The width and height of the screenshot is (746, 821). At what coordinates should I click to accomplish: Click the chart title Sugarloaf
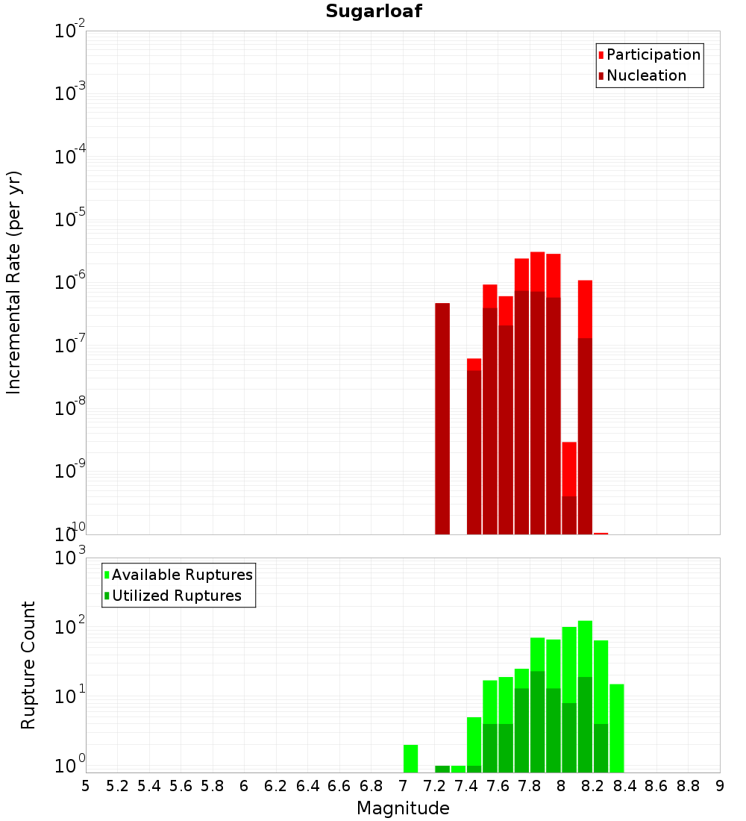pos(373,12)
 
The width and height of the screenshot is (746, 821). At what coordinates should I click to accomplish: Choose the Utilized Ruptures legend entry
pos(176,596)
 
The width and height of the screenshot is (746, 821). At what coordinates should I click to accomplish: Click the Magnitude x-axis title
pos(403,808)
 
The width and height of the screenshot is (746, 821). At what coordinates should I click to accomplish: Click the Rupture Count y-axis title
pos(28,665)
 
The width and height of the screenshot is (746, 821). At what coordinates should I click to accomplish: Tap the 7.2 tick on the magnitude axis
pos(434,786)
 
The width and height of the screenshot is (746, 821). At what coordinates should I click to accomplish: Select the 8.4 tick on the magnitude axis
pos(624,786)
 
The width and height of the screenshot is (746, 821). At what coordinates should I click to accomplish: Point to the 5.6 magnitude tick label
pos(181,786)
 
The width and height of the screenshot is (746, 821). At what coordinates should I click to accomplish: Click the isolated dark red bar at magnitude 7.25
pos(442,418)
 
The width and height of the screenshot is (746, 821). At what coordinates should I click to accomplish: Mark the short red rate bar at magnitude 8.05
pos(569,485)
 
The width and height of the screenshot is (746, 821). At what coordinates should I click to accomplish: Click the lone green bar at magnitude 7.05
pos(410,758)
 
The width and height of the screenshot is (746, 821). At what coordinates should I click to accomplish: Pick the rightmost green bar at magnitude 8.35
pos(617,728)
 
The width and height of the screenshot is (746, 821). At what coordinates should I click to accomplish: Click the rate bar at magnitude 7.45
pos(474,448)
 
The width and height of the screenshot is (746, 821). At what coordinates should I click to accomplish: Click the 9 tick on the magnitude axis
pos(720,786)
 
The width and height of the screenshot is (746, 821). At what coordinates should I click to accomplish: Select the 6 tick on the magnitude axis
pos(244,786)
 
